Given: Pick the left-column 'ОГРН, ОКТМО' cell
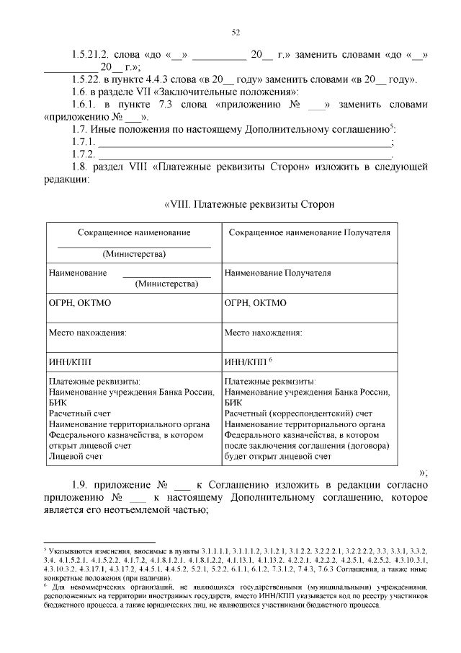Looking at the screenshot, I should pyautogui.click(x=79, y=303).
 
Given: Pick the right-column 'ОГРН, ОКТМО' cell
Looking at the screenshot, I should pyautogui.click(x=255, y=303).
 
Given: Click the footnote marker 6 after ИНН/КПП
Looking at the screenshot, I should pyautogui.click(x=270, y=359).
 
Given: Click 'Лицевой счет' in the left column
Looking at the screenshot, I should pyautogui.click(x=75, y=456).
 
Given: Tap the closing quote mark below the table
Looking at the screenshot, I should pyautogui.click(x=423, y=473).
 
